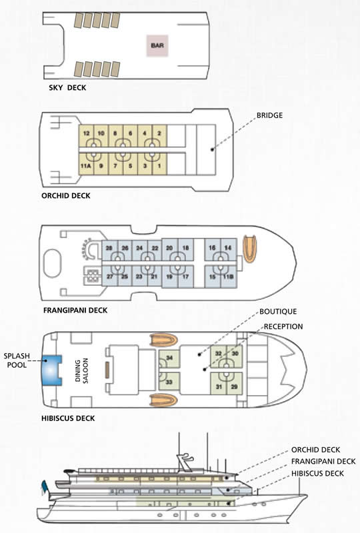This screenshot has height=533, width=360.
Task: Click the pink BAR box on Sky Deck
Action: click(x=157, y=45)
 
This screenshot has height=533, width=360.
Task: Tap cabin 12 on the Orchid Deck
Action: click(x=86, y=137)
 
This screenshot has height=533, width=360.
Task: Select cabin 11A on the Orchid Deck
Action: click(x=86, y=164)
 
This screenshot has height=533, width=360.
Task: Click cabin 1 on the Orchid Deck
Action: click(x=159, y=164)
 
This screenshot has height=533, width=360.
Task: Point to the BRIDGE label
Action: click(x=269, y=115)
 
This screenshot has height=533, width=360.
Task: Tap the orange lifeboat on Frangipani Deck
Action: click(x=250, y=249)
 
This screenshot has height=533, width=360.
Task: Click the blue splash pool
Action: click(x=52, y=370)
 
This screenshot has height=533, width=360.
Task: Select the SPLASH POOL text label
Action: click(x=17, y=360)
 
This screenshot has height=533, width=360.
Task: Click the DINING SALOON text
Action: click(x=81, y=370)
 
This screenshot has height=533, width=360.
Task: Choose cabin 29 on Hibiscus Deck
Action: click(x=235, y=384)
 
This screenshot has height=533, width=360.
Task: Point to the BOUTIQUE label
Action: click(x=278, y=311)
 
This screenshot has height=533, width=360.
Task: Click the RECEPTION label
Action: click(x=283, y=326)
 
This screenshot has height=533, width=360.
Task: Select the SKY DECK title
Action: click(x=67, y=88)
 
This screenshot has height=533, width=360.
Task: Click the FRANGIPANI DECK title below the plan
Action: click(x=75, y=310)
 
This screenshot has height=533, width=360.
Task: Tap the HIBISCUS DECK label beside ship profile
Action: click(x=317, y=473)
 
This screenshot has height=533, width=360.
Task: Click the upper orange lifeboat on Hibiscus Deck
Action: click(x=164, y=340)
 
